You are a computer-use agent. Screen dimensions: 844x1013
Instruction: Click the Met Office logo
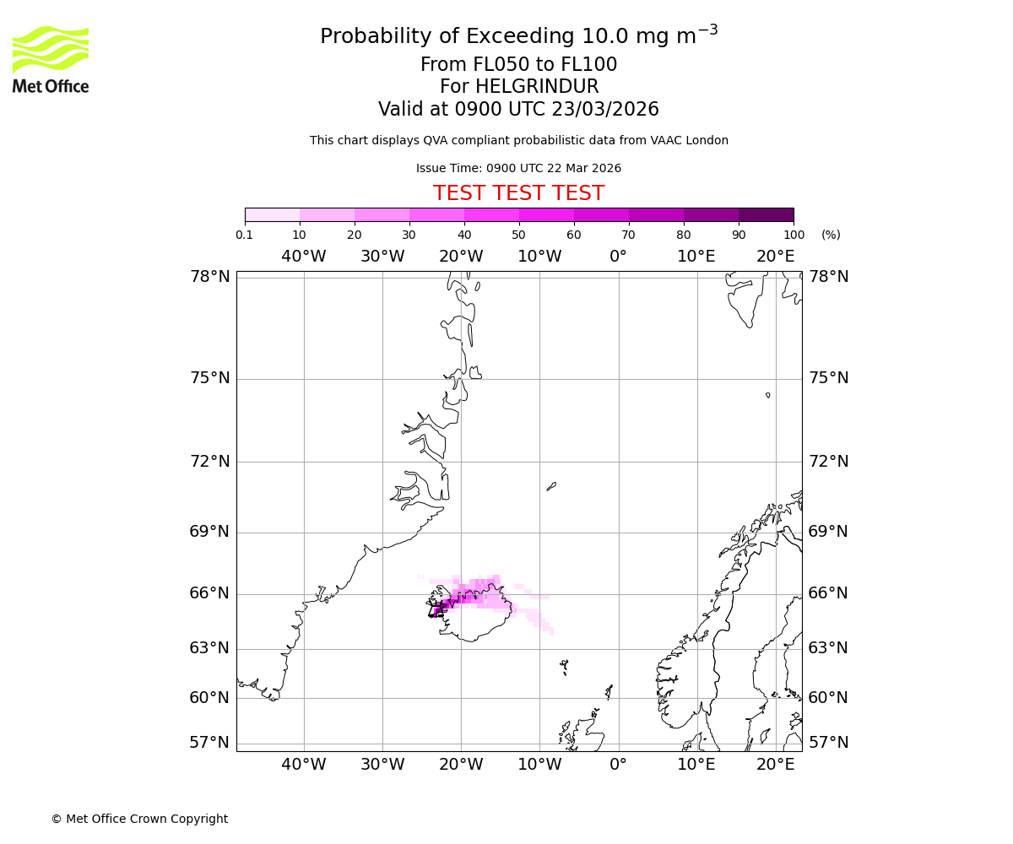[51, 59]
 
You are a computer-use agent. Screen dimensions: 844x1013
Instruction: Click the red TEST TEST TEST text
[518, 193]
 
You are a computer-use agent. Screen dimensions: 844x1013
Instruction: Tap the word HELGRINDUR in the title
[537, 87]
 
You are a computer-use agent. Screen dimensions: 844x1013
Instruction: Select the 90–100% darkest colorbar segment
[766, 214]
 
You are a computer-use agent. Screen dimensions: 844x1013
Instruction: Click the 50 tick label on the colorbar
[518, 235]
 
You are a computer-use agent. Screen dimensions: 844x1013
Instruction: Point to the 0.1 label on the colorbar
[245, 235]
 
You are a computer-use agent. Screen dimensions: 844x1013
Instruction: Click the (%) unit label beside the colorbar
[831, 235]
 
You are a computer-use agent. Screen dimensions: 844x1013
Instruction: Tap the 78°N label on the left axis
[209, 277]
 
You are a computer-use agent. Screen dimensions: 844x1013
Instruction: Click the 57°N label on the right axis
[828, 743]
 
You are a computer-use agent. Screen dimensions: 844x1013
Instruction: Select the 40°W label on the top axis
[304, 257]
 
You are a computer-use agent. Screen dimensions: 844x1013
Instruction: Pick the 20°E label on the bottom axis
[775, 765]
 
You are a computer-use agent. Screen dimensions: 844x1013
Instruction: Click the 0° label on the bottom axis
[618, 765]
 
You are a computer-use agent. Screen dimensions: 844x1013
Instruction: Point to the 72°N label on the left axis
[209, 462]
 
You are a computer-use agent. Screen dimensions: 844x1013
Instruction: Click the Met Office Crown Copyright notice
[139, 819]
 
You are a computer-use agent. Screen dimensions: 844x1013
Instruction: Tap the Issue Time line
[518, 168]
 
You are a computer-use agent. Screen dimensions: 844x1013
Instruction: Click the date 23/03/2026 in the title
[605, 110]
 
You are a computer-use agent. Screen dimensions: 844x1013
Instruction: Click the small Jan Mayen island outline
[551, 486]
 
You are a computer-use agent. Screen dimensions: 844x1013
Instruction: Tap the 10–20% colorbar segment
[327, 214]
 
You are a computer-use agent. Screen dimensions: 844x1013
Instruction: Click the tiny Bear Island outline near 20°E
[767, 395]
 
